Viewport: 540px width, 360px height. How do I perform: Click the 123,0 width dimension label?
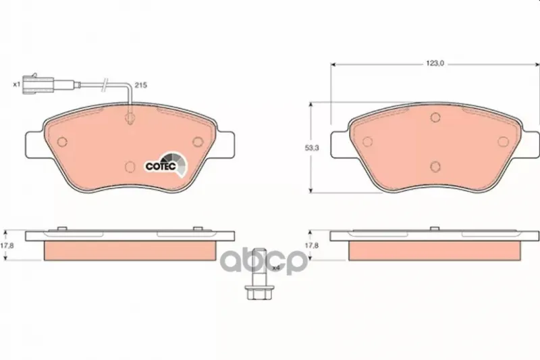[x=435, y=63]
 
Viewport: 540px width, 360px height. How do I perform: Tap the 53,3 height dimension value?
[x=312, y=148]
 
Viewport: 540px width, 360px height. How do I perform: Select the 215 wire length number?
[x=140, y=85]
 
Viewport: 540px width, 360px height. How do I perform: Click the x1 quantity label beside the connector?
[x=16, y=84]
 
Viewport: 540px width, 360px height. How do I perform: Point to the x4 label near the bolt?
[x=275, y=267]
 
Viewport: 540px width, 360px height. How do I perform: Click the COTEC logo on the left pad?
[x=165, y=165]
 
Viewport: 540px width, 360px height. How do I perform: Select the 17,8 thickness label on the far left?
[x=7, y=246]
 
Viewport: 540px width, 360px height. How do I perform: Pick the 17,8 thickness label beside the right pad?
[x=312, y=246]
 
